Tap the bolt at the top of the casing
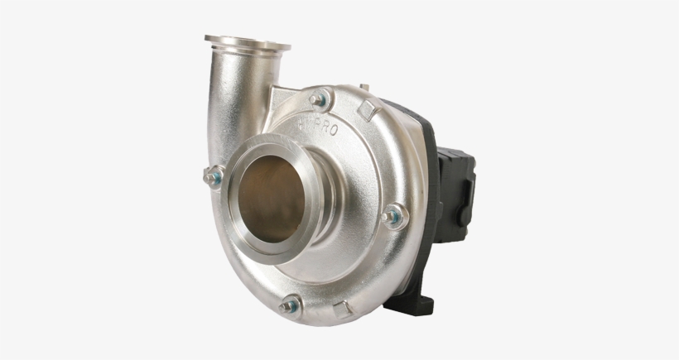(319, 99)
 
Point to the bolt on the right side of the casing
(393, 217)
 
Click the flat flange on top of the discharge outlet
(247, 42)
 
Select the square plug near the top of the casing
(368, 109)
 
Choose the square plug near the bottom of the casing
(341, 311)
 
